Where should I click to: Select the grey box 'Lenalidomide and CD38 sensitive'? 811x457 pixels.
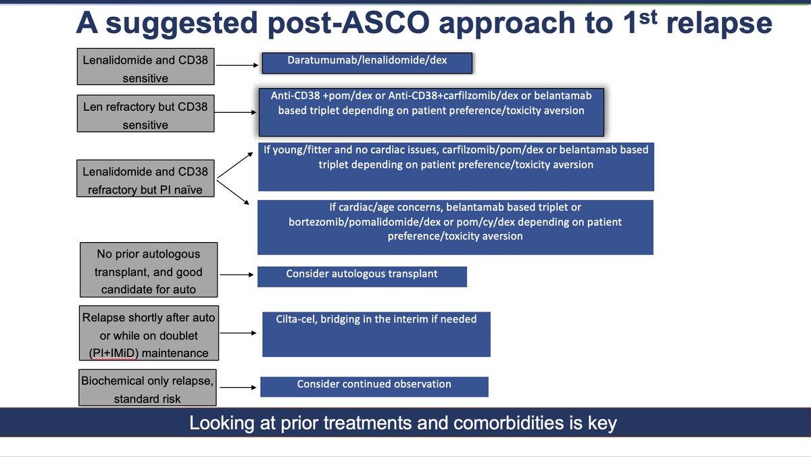[x=145, y=69]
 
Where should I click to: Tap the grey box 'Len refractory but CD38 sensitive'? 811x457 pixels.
[x=145, y=116]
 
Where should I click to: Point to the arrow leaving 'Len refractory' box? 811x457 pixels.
[x=236, y=114]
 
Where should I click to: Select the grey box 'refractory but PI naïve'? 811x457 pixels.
[x=145, y=181]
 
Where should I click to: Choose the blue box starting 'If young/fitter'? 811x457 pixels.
[x=456, y=166]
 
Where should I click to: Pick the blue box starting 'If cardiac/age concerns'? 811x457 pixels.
[x=456, y=226]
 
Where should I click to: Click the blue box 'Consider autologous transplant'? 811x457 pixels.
[x=362, y=276]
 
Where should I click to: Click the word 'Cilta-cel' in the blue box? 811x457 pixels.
[x=298, y=319]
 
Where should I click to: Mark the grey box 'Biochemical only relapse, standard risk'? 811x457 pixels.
[x=147, y=389]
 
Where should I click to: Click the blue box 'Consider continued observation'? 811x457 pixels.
[x=374, y=386]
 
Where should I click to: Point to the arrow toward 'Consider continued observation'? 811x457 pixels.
[x=238, y=387]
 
